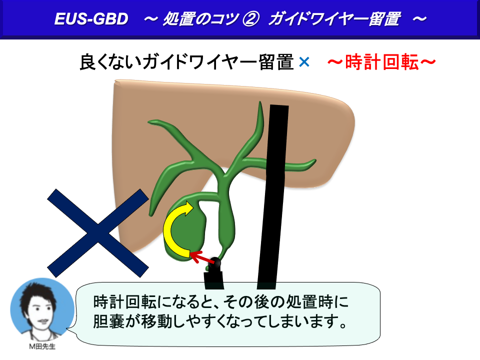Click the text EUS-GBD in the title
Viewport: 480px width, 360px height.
91,18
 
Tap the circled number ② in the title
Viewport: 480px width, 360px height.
250,19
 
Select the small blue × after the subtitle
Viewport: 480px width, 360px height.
304,62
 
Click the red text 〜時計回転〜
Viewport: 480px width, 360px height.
381,62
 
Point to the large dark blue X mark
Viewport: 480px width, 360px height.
97,233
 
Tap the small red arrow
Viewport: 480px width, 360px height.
201,257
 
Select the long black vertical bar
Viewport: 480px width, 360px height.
273,197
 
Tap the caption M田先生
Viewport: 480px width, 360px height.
42,346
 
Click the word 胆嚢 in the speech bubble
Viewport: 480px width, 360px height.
108,321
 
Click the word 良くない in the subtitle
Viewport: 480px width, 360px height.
110,62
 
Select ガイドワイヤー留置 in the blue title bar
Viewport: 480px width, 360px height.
334,19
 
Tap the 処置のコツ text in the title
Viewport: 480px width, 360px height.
200,19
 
